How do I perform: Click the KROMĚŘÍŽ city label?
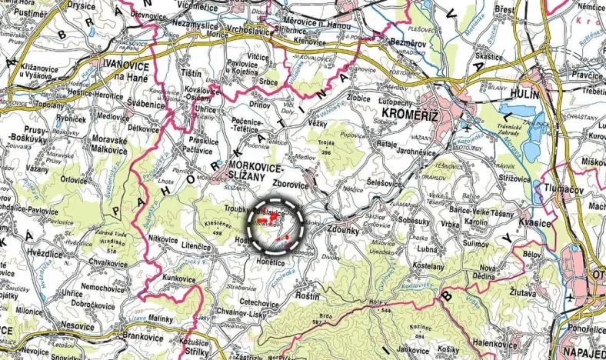point(400,115)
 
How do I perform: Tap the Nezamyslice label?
point(180,23)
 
